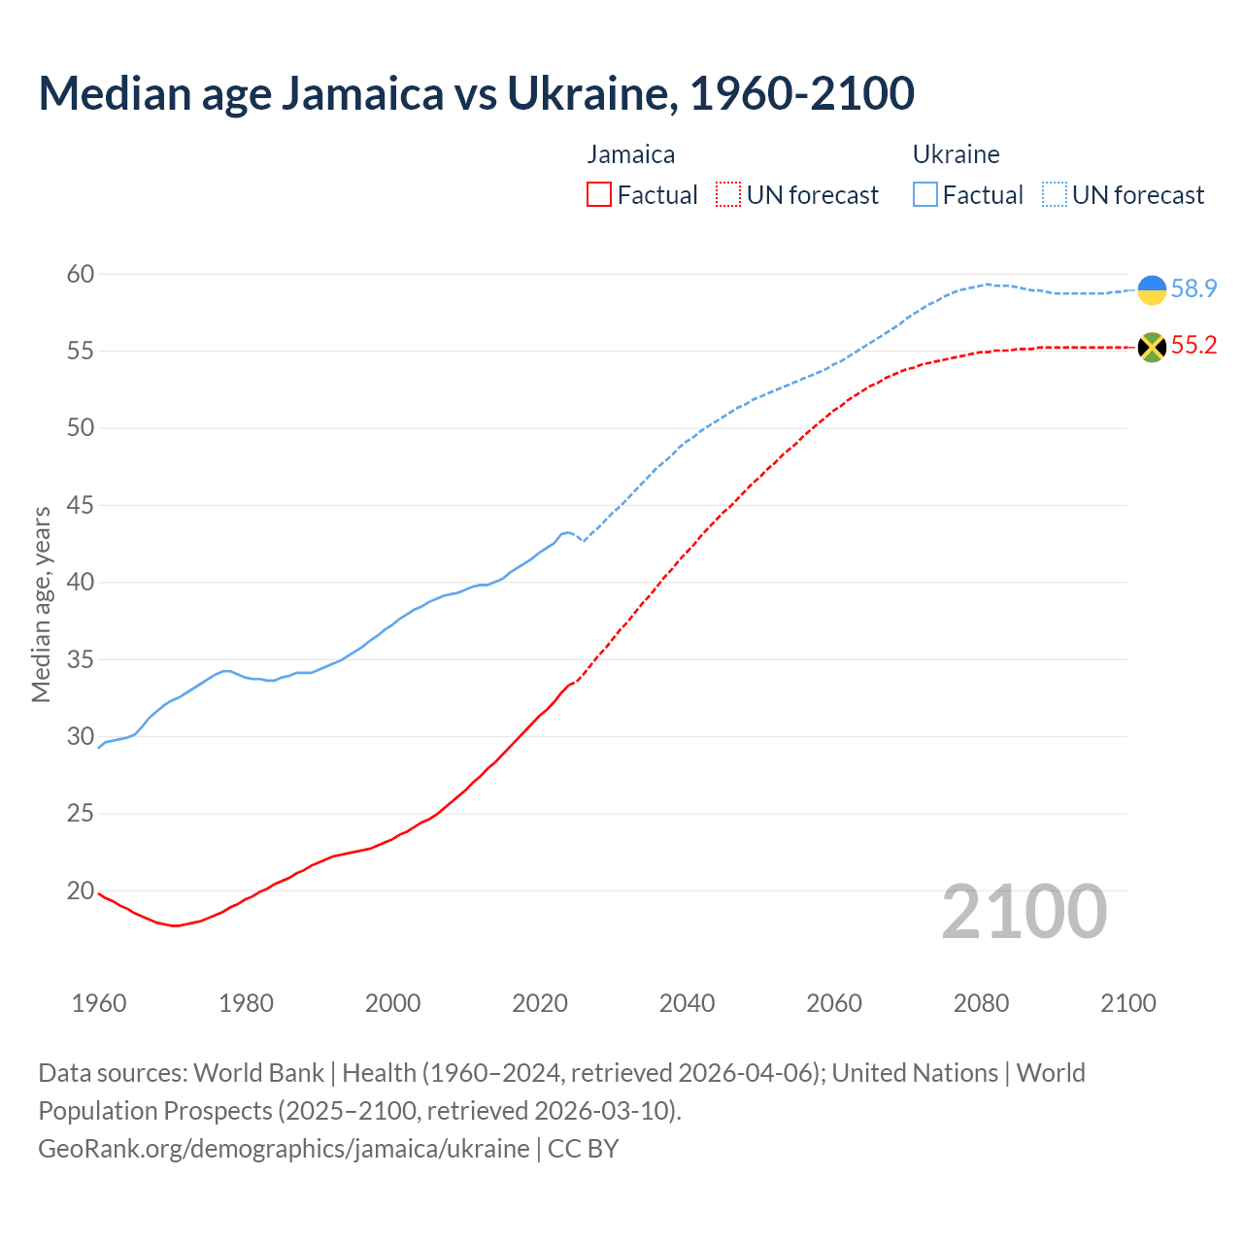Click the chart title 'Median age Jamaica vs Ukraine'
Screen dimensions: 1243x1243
476,93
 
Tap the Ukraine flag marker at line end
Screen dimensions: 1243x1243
1152,289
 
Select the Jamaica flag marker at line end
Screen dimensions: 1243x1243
1152,347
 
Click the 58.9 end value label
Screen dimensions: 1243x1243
1193,289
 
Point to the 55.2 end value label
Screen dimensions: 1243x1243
1193,346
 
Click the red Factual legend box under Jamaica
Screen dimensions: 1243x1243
599,195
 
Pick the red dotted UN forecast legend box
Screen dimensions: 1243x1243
728,195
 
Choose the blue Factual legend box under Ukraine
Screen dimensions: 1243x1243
925,195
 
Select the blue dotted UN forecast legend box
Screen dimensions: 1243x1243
1055,195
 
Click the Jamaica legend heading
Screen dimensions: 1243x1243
631,154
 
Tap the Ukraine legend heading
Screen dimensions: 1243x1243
957,154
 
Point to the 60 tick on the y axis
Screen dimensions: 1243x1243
81,275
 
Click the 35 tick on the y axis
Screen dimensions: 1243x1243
81,660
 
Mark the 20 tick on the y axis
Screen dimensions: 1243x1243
81,891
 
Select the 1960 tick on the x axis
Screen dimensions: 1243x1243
99,1003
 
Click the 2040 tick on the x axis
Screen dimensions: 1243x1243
687,1003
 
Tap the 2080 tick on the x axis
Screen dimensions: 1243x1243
981,1003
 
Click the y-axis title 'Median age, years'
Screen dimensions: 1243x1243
41,604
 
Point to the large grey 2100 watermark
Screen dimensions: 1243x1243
1024,912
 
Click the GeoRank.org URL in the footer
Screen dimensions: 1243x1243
284,1149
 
